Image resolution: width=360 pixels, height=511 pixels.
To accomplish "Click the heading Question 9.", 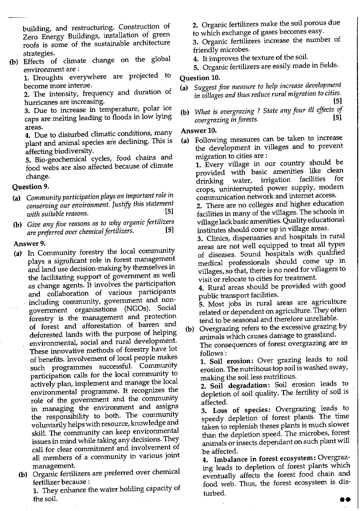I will tap(30, 187).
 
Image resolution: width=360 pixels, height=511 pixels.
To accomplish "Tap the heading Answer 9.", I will tap(29, 244).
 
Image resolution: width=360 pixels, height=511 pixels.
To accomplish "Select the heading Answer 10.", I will tap(199, 131).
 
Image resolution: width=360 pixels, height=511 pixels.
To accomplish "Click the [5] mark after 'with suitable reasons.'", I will tap(169, 211).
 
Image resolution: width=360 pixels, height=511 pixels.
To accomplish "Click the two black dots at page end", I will tap(345, 500).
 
